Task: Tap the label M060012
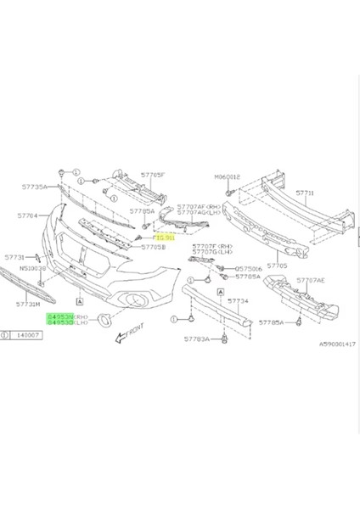pos(228,177)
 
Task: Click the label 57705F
pos(152,175)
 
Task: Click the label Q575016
pos(249,268)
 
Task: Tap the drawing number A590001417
pos(338,344)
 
